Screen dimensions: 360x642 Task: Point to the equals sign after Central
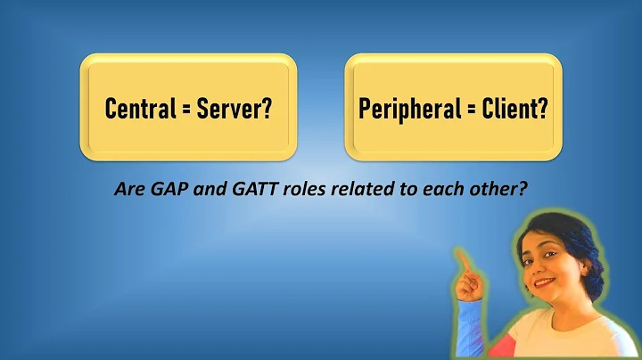click(x=184, y=110)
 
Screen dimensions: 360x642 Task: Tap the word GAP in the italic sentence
click(x=174, y=190)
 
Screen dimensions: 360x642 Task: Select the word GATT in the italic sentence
click(x=249, y=190)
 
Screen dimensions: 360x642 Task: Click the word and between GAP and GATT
click(x=210, y=190)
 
